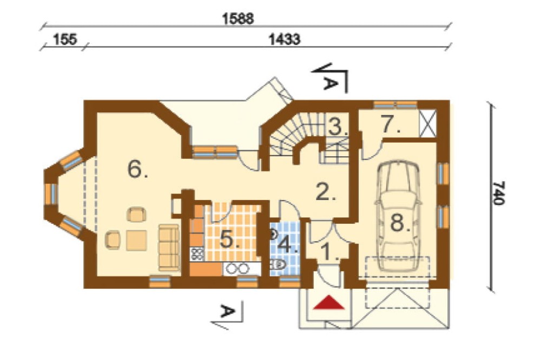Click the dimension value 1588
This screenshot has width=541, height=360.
coord(237,18)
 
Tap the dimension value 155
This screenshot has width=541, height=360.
coord(65,39)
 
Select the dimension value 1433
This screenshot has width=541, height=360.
coord(285,39)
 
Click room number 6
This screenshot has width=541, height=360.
coord(137,169)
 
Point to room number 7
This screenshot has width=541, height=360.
coord(391,124)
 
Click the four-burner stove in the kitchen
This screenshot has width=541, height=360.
coord(197,254)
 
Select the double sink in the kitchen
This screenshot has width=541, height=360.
coord(237,268)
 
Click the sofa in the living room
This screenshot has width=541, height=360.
coord(169,247)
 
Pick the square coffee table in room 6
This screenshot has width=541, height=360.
coord(137,241)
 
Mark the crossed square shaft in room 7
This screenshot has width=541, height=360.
coord(428,123)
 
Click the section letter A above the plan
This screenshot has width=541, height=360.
coord(330,83)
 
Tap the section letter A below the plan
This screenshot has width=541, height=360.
coord(227,311)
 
